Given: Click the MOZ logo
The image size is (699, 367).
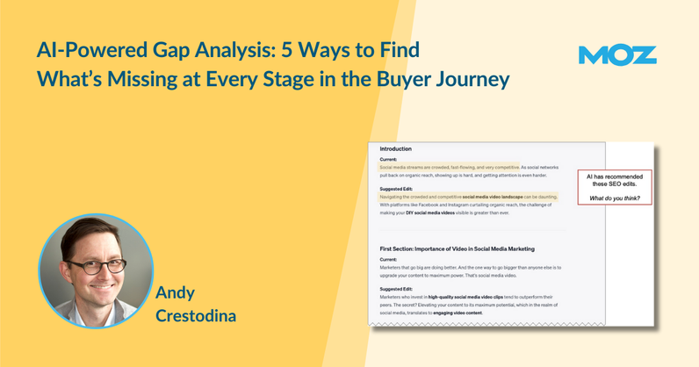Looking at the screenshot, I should click(617, 54).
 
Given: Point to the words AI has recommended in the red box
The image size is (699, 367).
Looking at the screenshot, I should click(614, 176).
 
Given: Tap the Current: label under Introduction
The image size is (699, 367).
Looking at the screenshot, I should click(390, 159).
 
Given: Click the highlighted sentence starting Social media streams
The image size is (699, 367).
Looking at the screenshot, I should click(448, 167).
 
